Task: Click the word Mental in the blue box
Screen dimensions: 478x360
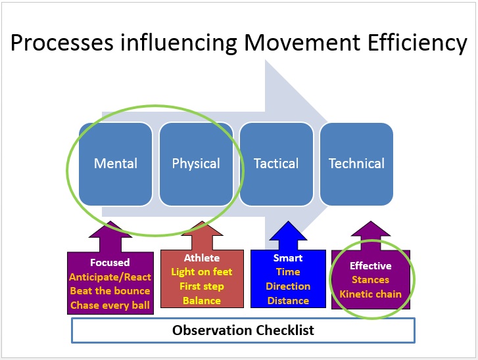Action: tap(116, 164)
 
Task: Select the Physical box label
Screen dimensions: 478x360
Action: tap(196, 164)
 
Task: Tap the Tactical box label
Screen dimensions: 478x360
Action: tap(276, 164)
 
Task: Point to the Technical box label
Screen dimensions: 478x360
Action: tap(356, 164)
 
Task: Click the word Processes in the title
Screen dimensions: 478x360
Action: tap(62, 42)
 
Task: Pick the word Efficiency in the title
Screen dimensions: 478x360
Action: tap(418, 43)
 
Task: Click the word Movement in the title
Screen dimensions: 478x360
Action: tap(302, 42)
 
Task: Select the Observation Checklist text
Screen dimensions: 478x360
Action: tap(243, 330)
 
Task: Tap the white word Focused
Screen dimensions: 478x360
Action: tap(110, 262)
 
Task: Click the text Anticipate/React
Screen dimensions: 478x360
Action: tap(110, 277)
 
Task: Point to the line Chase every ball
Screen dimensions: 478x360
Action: tap(110, 305)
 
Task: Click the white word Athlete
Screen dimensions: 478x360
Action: tap(202, 258)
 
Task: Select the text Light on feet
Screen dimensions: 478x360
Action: tap(202, 272)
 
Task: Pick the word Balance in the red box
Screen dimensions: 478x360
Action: tap(202, 301)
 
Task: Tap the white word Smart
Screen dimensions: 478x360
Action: tap(288, 258)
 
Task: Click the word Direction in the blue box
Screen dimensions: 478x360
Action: tap(288, 286)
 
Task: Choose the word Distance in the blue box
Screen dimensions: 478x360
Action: tap(288, 301)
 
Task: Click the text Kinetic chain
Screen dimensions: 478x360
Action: tap(370, 294)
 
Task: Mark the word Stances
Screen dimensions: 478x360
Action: tap(370, 280)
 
